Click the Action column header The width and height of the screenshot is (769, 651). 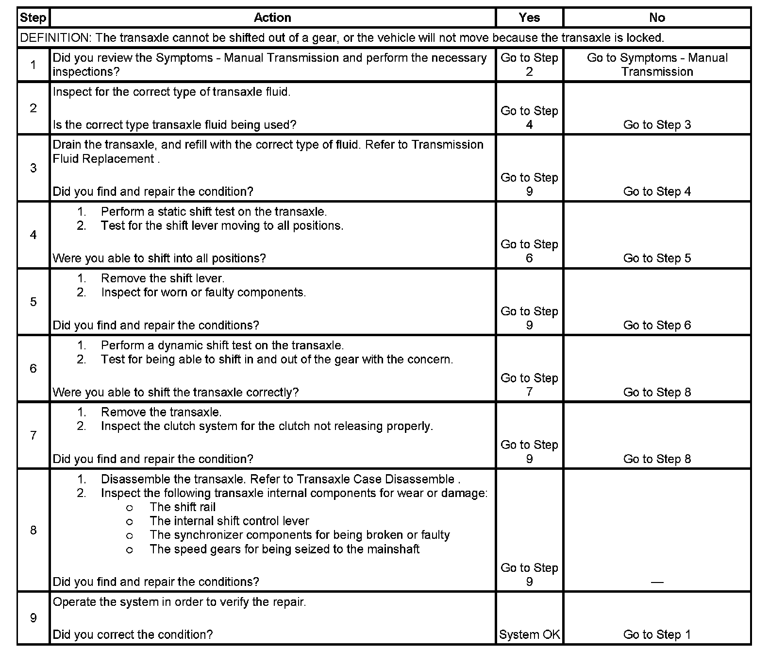272,18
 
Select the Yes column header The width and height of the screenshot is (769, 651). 529,18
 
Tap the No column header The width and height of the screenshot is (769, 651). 656,18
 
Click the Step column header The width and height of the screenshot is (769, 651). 33,18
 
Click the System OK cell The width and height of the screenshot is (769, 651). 529,634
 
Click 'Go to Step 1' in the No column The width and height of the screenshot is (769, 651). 656,634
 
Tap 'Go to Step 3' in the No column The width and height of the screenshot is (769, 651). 656,125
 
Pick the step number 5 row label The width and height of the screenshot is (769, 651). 33,302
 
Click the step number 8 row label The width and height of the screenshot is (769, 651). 33,530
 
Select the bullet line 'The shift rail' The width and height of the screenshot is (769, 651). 183,507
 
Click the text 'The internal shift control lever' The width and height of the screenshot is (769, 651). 229,521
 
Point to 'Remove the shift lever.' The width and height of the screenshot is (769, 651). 163,279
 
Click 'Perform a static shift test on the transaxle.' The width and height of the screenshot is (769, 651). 214,212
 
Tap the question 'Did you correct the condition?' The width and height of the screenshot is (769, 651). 133,634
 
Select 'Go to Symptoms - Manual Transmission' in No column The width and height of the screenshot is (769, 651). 656,65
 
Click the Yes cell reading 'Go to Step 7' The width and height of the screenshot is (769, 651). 529,385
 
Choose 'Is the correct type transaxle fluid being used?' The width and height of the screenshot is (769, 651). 174,125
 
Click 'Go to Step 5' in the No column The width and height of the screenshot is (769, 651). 656,258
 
